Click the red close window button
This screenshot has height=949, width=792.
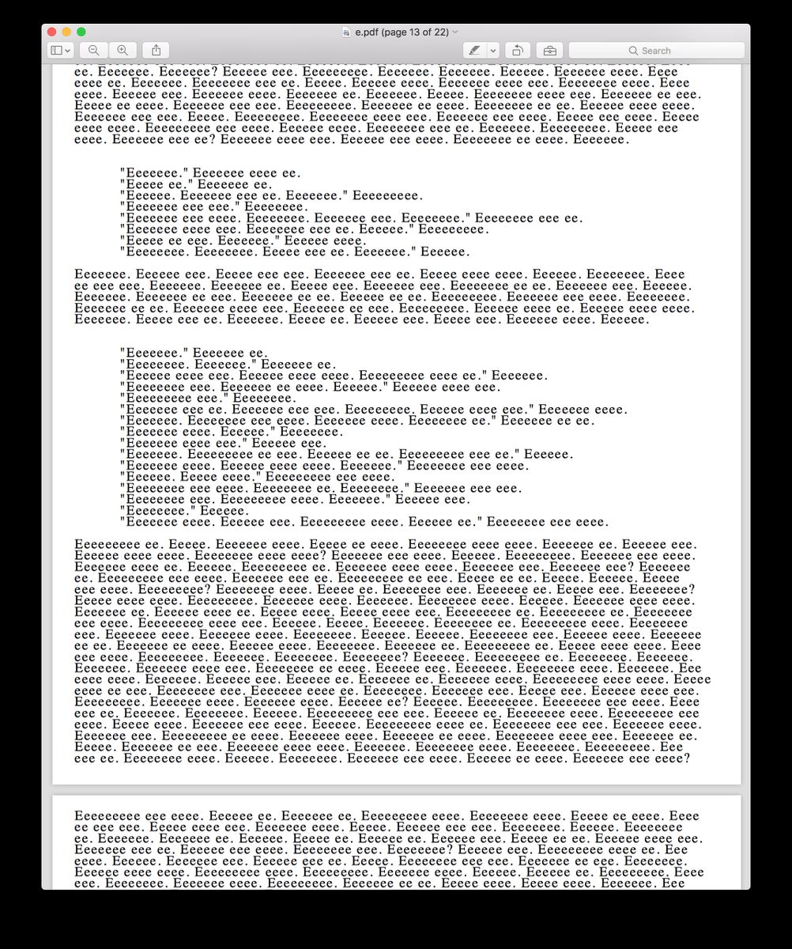tap(52, 32)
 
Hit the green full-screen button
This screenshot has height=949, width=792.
tap(81, 32)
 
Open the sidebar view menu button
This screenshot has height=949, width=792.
tap(60, 51)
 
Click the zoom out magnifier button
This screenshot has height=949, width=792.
tap(93, 51)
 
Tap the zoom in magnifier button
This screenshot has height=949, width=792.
tap(123, 51)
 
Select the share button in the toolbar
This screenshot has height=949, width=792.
tap(156, 51)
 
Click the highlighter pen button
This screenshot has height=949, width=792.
tap(474, 51)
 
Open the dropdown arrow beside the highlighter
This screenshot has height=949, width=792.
tap(493, 51)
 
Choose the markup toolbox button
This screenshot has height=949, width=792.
tap(549, 51)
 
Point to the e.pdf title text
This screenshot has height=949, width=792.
tap(367, 32)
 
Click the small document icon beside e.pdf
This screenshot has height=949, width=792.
tap(346, 32)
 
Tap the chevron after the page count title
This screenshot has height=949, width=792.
tap(455, 32)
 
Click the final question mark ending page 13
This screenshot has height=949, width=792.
tap(687, 758)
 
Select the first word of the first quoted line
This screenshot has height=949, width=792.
tap(154, 173)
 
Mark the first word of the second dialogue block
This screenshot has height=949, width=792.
tap(154, 354)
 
